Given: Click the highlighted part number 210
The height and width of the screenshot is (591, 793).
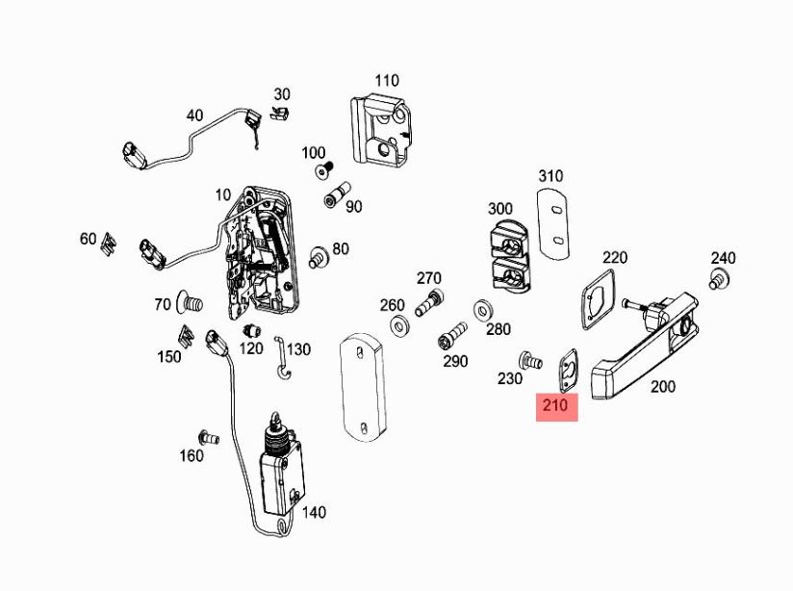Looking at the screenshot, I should tap(555, 405).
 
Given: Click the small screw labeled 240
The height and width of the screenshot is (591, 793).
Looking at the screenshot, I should tap(717, 280).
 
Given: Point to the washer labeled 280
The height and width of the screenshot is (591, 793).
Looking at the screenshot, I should tap(480, 311).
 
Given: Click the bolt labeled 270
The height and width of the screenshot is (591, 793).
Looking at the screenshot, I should tap(427, 303).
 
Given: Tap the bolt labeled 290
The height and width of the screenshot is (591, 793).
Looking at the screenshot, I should tap(451, 340).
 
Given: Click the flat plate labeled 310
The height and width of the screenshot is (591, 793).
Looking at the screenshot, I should tap(551, 223).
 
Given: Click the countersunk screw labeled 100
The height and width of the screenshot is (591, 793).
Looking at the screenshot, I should tap(322, 172).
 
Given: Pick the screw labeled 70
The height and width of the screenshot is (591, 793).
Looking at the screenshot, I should tap(190, 305).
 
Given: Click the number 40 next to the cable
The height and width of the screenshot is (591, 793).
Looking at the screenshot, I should tap(194, 116).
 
